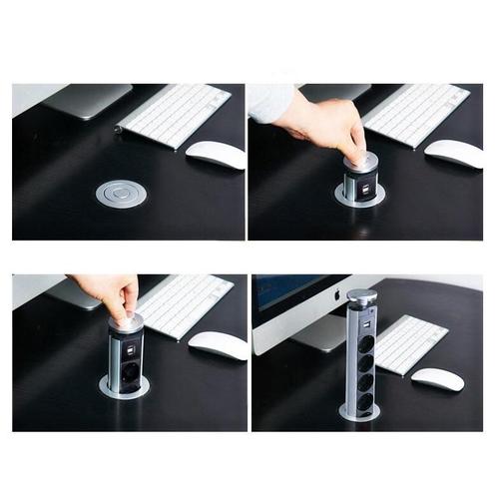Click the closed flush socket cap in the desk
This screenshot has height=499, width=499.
tap(121, 193)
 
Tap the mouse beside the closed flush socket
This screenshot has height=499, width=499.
tap(216, 154)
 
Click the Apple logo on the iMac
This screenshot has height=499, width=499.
tap(336, 295)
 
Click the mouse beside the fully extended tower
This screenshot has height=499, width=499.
tap(437, 379)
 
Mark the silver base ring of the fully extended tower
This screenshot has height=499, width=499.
tap(358, 412)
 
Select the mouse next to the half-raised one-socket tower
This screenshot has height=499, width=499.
tap(218, 345)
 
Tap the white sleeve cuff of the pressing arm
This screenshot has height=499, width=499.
tap(269, 102)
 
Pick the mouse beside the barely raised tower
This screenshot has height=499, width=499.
tap(453, 152)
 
